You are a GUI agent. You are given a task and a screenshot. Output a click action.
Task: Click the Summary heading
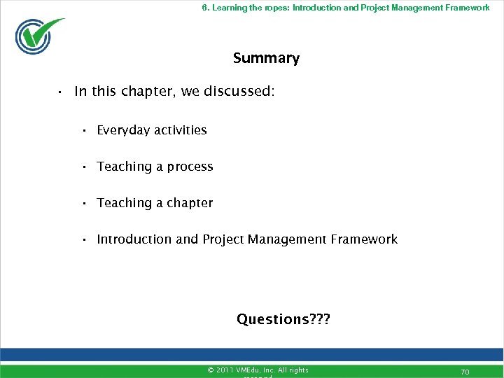266,58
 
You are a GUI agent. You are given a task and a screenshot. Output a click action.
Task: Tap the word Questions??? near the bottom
283,319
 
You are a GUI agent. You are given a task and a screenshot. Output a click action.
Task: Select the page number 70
464,372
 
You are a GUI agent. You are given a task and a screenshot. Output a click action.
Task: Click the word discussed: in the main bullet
239,91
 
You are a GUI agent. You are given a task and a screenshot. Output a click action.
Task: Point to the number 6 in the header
204,8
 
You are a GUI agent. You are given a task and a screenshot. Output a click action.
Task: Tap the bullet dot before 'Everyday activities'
83,131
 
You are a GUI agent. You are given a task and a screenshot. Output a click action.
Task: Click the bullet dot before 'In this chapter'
61,92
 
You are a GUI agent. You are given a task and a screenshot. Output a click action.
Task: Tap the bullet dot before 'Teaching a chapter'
83,204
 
